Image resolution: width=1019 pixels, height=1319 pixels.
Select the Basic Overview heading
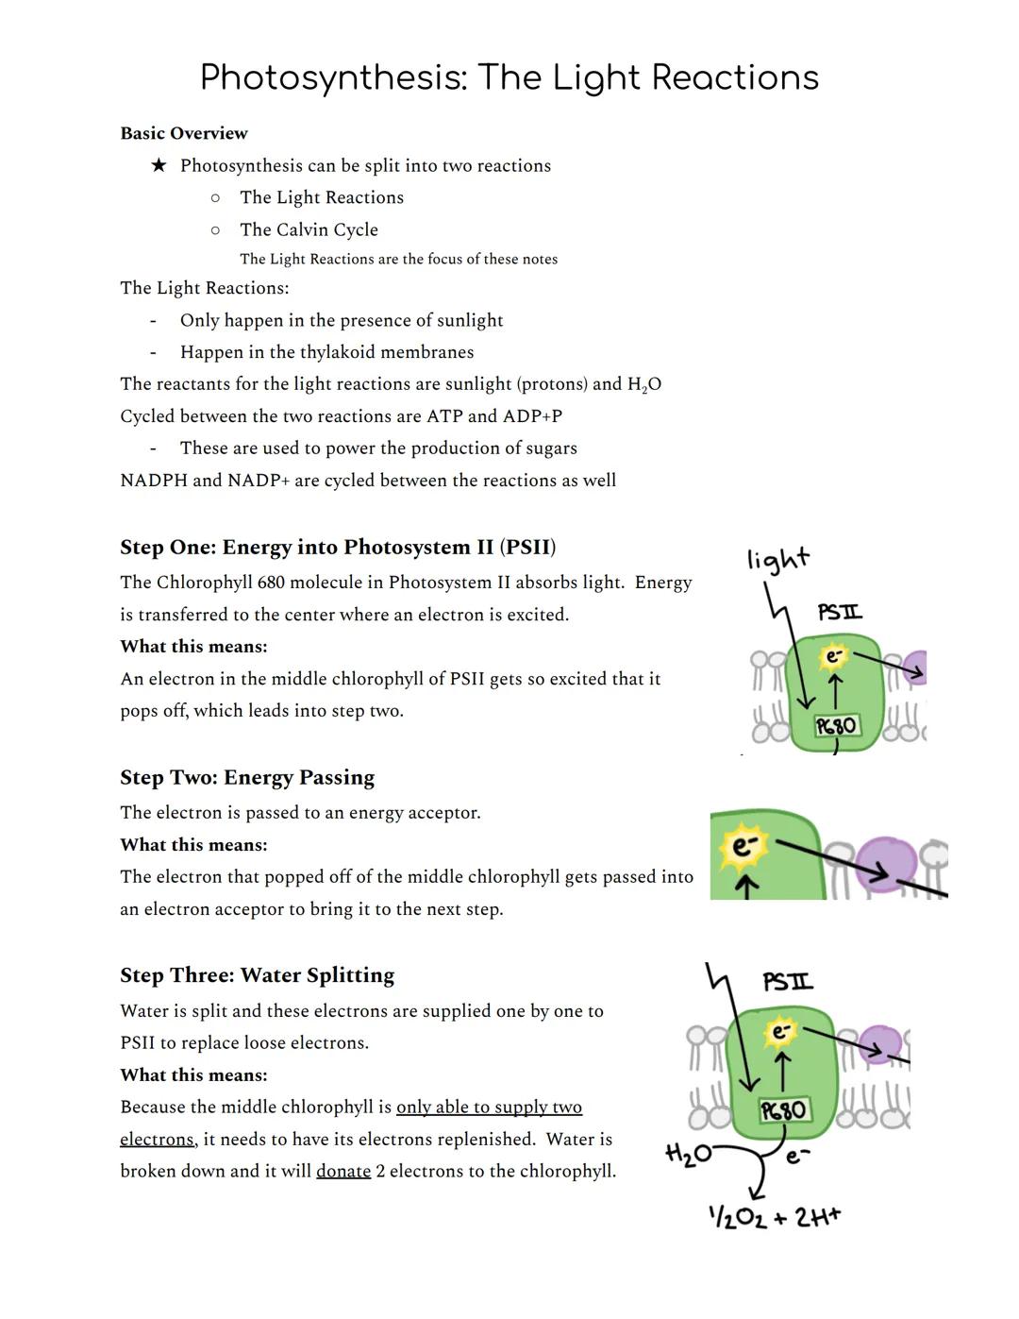(x=184, y=133)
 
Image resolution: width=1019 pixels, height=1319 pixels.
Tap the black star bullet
(x=159, y=166)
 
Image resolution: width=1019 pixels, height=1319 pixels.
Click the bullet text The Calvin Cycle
(x=309, y=229)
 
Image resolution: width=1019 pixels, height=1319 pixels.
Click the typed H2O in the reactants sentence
(x=643, y=384)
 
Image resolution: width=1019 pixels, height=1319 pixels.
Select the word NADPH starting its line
(x=154, y=481)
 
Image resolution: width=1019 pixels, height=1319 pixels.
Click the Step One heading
(x=338, y=548)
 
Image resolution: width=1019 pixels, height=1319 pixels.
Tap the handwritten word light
(x=778, y=559)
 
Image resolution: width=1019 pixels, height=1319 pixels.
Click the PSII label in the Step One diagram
(x=839, y=613)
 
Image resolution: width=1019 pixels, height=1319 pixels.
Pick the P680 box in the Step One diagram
(x=836, y=726)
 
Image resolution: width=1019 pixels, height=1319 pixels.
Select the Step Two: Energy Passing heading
(x=247, y=778)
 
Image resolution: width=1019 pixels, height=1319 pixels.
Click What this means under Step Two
(x=193, y=845)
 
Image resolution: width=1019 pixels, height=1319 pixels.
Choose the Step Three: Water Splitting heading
(x=258, y=975)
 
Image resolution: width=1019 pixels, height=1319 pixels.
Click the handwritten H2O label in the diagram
(x=689, y=1153)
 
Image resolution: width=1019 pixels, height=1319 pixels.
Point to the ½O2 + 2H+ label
(x=774, y=1216)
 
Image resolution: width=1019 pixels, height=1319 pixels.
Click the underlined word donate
(x=343, y=1172)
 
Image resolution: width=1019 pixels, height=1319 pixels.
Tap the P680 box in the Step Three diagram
(x=784, y=1109)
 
